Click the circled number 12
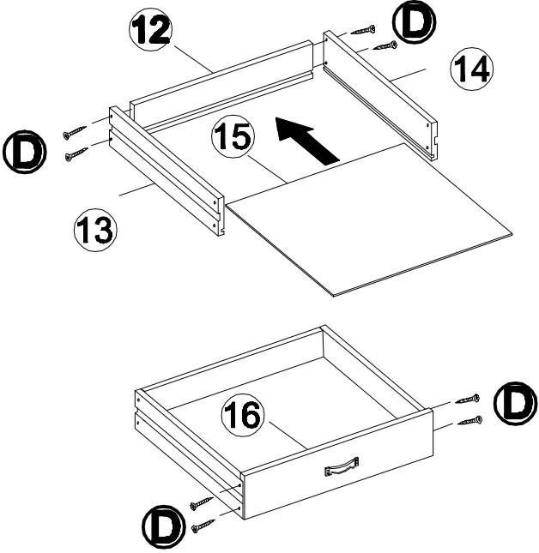[x=151, y=32]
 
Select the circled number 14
[x=471, y=69]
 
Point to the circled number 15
[x=232, y=138]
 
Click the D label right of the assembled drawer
[x=514, y=406]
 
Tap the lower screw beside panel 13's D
[x=76, y=154]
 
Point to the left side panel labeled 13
[x=167, y=171]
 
